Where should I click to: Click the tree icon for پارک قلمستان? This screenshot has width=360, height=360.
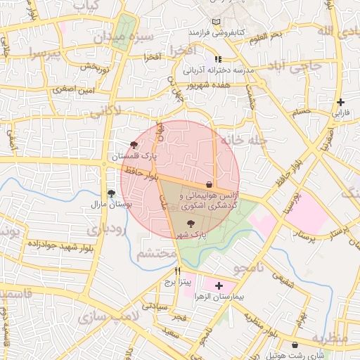click(134, 144)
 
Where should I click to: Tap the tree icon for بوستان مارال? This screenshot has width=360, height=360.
click(111, 193)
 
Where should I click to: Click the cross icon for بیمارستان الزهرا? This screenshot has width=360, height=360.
click(219, 285)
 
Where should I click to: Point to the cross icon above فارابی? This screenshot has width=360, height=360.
click(340, 103)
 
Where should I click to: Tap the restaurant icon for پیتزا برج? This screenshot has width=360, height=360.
click(178, 271)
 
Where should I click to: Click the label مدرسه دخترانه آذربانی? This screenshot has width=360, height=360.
click(218, 70)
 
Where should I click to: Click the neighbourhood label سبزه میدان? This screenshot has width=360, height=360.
click(145, 36)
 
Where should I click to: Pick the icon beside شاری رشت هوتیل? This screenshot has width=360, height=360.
click(295, 345)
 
